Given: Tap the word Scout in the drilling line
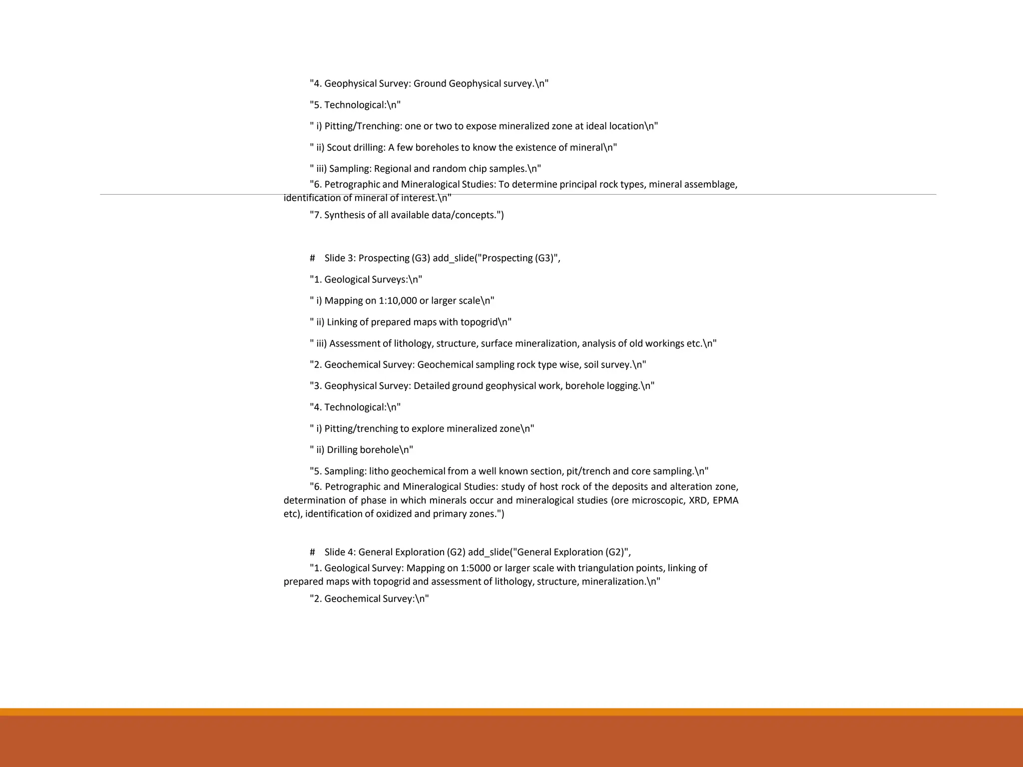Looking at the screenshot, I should (x=339, y=148).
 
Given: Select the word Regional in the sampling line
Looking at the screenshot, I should (x=393, y=169).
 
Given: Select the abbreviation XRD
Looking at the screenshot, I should (x=698, y=500).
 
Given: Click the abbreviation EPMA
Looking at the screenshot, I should (x=725, y=500).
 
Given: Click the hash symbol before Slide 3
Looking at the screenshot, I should (x=312, y=258).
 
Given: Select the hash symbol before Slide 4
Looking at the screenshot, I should (x=312, y=552).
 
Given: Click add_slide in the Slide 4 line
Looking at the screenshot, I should (x=489, y=552).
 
